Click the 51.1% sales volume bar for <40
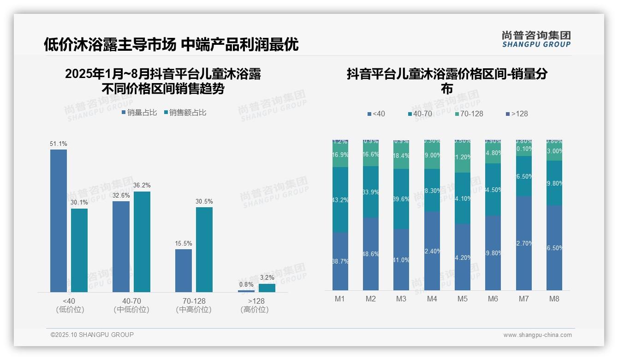(x=59, y=221)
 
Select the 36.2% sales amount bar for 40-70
(x=142, y=241)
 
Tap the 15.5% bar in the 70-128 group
(x=184, y=270)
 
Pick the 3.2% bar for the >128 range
(x=267, y=288)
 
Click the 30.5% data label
(x=204, y=202)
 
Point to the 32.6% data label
(x=121, y=195)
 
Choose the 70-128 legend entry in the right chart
(x=469, y=114)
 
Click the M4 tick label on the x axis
(x=432, y=299)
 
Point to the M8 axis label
(x=554, y=299)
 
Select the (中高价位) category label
(x=194, y=310)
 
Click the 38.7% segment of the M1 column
(x=340, y=261)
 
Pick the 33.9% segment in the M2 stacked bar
(x=371, y=192)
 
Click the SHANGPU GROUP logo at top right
(x=536, y=39)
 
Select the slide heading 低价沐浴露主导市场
(x=110, y=44)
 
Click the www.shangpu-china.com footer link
(x=537, y=335)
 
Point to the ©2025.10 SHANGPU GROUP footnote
(x=92, y=335)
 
